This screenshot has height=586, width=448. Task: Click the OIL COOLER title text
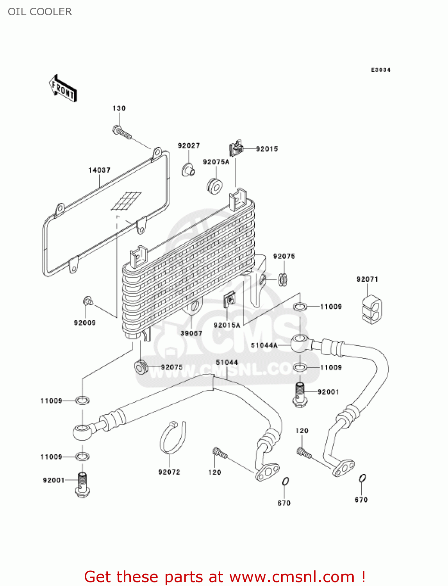click(x=40, y=12)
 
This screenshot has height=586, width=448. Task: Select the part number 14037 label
click(x=99, y=170)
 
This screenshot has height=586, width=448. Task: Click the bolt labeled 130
click(x=121, y=132)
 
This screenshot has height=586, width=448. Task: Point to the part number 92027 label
click(x=189, y=146)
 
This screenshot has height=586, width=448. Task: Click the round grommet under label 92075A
click(x=214, y=186)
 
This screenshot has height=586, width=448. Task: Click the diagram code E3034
click(x=380, y=70)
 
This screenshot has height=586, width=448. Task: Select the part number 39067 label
click(x=191, y=333)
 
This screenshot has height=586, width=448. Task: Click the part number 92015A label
click(x=227, y=325)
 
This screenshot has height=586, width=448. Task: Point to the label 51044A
click(x=264, y=345)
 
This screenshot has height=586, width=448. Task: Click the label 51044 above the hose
click(x=227, y=363)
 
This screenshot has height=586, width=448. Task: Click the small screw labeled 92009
click(x=87, y=301)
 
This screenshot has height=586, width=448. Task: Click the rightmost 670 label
click(x=361, y=500)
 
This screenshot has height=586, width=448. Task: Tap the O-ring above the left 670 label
click(x=286, y=481)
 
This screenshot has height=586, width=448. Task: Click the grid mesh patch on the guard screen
click(x=126, y=201)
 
